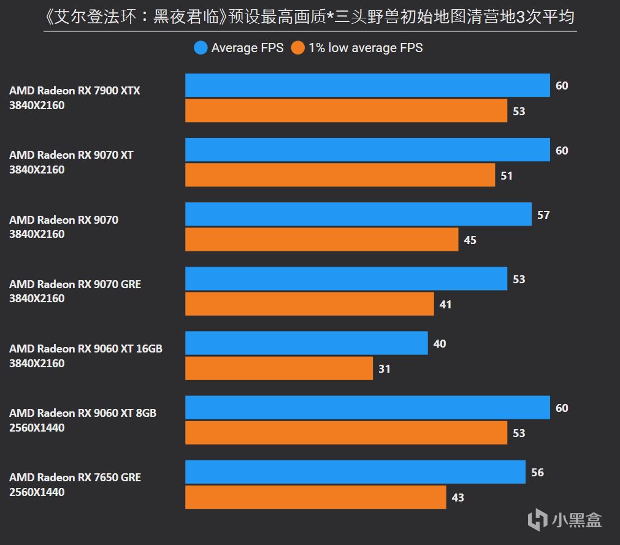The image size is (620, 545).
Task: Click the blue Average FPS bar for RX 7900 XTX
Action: click(367, 85)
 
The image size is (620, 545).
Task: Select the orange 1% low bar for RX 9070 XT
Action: click(340, 175)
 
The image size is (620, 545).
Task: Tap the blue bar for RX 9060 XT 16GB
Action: click(306, 343)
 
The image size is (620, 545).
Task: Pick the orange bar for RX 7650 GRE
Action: click(315, 497)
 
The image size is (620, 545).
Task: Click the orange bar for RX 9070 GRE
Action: click(309, 304)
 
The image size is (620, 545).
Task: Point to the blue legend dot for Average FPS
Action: click(201, 48)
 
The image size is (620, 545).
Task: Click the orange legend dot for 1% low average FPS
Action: click(298, 48)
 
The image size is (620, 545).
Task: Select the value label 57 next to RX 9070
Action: click(543, 215)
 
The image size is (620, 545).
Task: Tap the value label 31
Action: click(385, 369)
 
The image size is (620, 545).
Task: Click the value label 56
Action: click(537, 473)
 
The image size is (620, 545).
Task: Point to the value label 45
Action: click(470, 240)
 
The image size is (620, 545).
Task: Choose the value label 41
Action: click(445, 304)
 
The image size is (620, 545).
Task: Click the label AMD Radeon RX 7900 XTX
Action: click(75, 91)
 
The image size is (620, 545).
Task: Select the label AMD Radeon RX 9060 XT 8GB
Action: click(83, 413)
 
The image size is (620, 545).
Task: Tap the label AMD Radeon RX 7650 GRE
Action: click(75, 478)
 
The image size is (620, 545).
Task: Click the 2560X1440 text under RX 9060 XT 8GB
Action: click(37, 428)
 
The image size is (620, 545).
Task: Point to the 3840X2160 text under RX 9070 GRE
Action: click(37, 299)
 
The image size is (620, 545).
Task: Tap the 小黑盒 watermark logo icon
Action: click(538, 520)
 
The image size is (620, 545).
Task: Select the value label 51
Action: click(507, 176)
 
